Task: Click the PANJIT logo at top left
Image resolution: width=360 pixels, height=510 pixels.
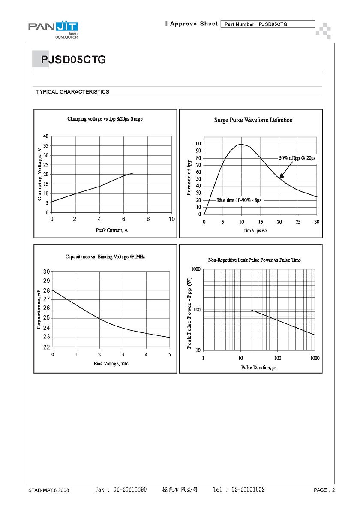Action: (x=53, y=30)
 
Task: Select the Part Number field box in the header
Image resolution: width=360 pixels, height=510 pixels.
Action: (x=268, y=24)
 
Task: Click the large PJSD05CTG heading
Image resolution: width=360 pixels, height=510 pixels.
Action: (x=73, y=60)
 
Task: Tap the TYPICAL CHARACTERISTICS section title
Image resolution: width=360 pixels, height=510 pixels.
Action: (x=73, y=92)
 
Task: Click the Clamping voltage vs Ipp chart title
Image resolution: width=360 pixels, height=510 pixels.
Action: (x=105, y=119)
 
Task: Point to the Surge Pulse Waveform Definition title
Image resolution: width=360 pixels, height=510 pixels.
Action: (x=253, y=120)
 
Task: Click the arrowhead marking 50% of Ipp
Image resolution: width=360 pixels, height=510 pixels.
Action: (x=282, y=176)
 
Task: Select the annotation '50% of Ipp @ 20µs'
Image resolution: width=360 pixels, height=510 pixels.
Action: (x=297, y=158)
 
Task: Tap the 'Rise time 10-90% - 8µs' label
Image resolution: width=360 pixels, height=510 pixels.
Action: (x=239, y=200)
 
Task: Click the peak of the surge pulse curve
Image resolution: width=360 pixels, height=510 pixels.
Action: (x=241, y=144)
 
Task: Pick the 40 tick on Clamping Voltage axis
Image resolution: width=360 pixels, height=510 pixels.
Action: (x=46, y=136)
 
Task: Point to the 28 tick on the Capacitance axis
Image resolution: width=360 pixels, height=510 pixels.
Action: (x=46, y=290)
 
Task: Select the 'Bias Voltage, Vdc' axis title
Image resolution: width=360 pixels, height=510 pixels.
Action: (x=111, y=364)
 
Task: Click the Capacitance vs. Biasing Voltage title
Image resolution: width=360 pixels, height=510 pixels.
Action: (x=105, y=257)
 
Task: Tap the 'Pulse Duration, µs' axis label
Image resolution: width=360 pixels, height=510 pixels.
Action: (x=258, y=368)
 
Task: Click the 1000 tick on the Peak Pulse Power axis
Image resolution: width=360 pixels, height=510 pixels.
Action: (x=196, y=269)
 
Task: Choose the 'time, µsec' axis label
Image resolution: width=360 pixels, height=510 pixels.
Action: (x=255, y=231)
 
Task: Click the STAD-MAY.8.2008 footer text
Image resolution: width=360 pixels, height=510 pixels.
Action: (x=49, y=490)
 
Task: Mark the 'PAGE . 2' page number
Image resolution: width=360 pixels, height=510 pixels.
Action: (x=324, y=490)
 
